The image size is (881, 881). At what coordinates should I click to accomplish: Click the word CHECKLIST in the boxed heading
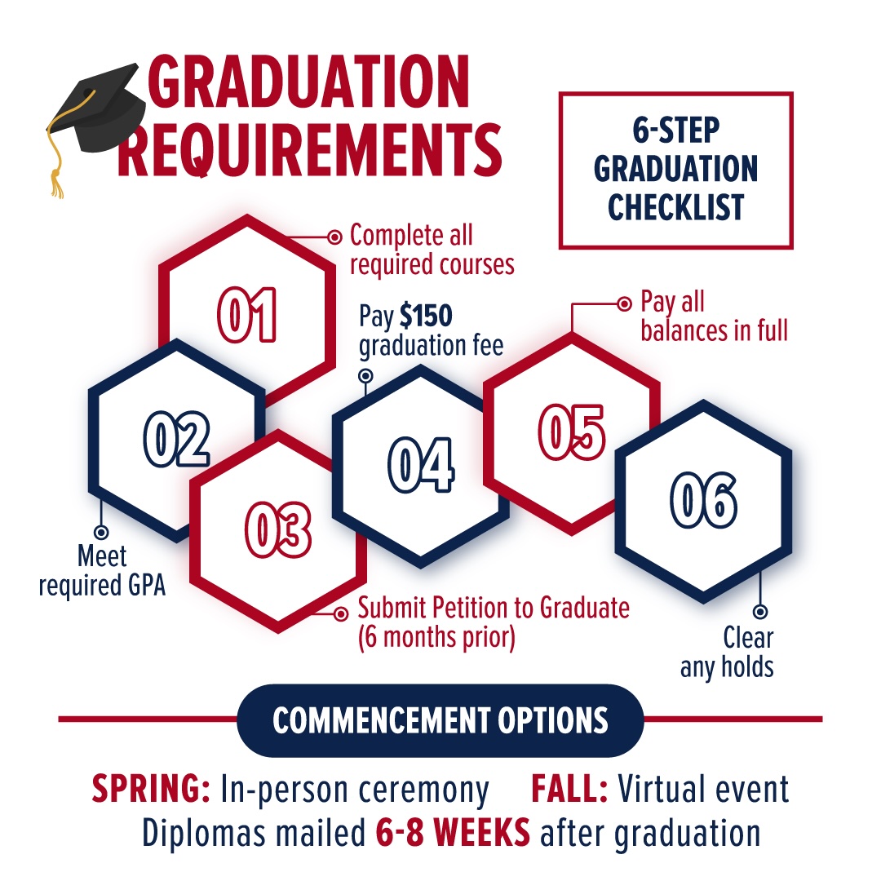point(675,206)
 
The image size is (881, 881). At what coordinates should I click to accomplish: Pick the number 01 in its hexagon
point(247,315)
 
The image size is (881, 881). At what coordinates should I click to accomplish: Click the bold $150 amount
point(424,317)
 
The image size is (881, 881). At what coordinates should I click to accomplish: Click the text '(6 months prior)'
point(436,636)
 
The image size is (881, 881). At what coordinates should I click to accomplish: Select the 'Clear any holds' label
point(727,653)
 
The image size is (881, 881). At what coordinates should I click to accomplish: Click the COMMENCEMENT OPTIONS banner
point(440,720)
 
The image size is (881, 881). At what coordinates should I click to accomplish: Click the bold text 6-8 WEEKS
point(453,833)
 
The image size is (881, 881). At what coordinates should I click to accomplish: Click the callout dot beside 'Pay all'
point(624,304)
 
